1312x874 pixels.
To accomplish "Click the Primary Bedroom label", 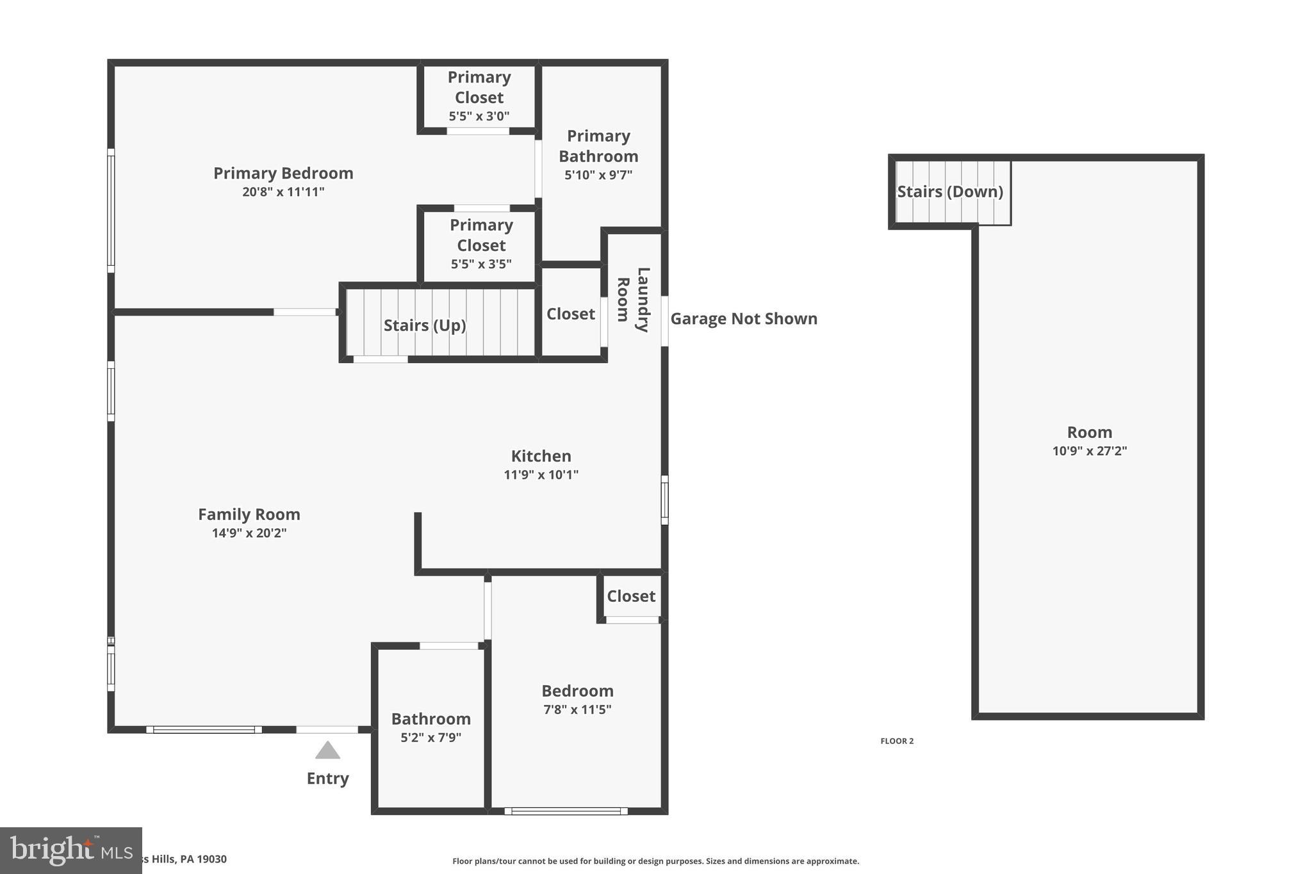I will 283,174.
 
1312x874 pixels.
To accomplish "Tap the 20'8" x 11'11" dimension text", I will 283,192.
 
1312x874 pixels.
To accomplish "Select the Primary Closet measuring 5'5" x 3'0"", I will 479,97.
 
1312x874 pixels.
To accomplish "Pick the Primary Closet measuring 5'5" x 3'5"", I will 481,245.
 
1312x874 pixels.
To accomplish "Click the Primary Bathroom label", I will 598,147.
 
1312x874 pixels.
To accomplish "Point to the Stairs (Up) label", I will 425,325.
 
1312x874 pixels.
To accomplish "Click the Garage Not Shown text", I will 744,319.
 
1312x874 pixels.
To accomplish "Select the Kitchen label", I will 541,457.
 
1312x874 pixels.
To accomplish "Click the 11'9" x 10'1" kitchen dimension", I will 541,475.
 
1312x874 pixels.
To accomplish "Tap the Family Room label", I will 249,515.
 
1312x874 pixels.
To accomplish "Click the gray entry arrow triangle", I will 327,751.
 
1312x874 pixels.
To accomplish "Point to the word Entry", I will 327,779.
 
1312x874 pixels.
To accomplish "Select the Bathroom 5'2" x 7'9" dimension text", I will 431,738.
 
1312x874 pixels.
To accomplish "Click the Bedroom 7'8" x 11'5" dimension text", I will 577,710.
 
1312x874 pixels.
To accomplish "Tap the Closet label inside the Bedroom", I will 631,597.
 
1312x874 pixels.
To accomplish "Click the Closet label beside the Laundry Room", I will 570,314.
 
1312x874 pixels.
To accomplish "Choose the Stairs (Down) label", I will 949,192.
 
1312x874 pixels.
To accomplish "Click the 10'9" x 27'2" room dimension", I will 1089,451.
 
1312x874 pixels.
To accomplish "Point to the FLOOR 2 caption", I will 897,741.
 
